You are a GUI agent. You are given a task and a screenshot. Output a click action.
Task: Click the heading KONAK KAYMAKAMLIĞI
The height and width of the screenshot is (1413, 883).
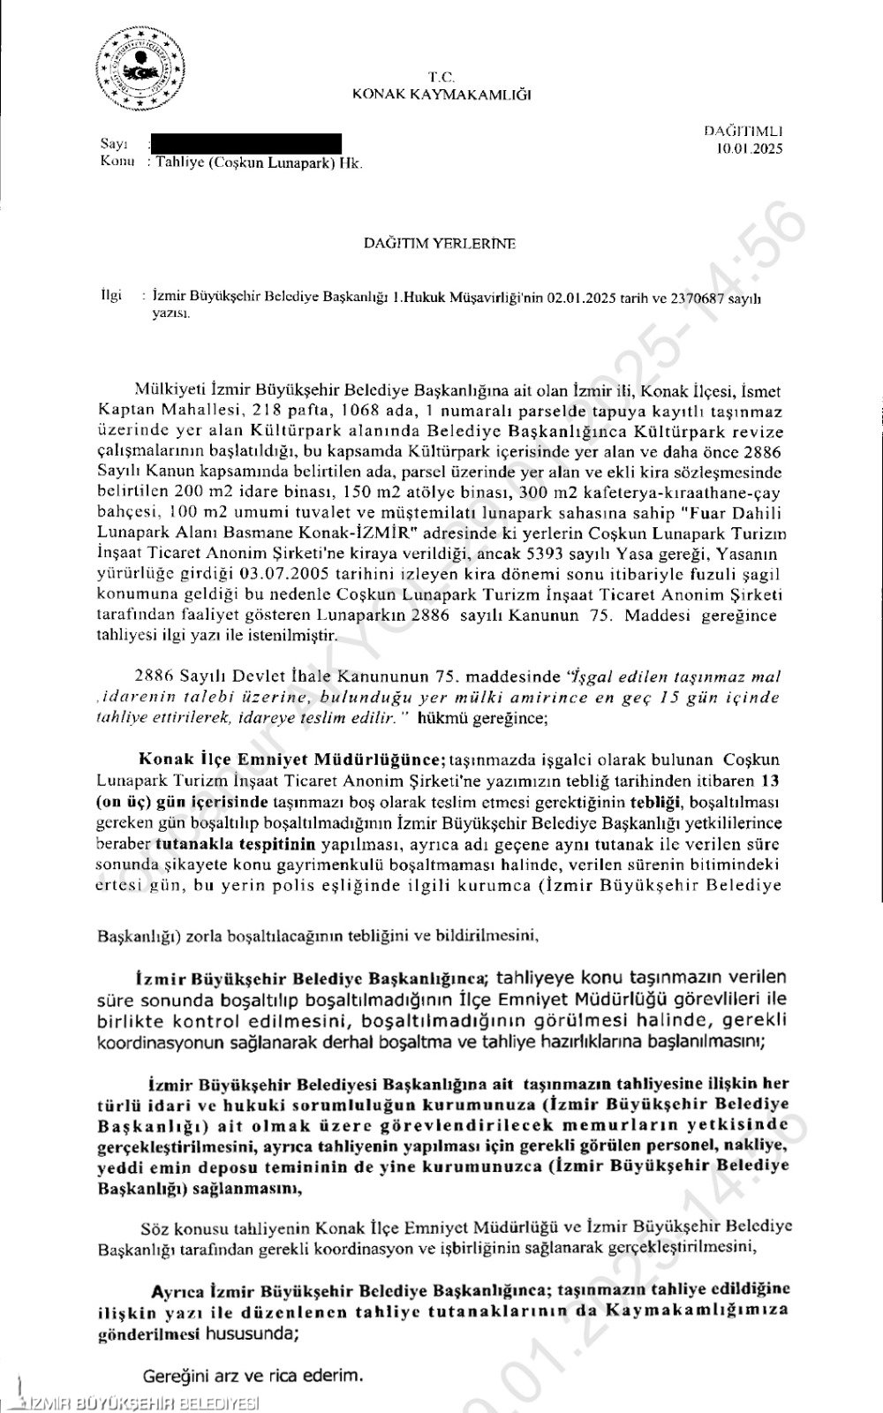pos(441,94)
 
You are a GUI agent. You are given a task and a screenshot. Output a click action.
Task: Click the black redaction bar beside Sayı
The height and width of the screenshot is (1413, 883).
pos(246,143)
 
